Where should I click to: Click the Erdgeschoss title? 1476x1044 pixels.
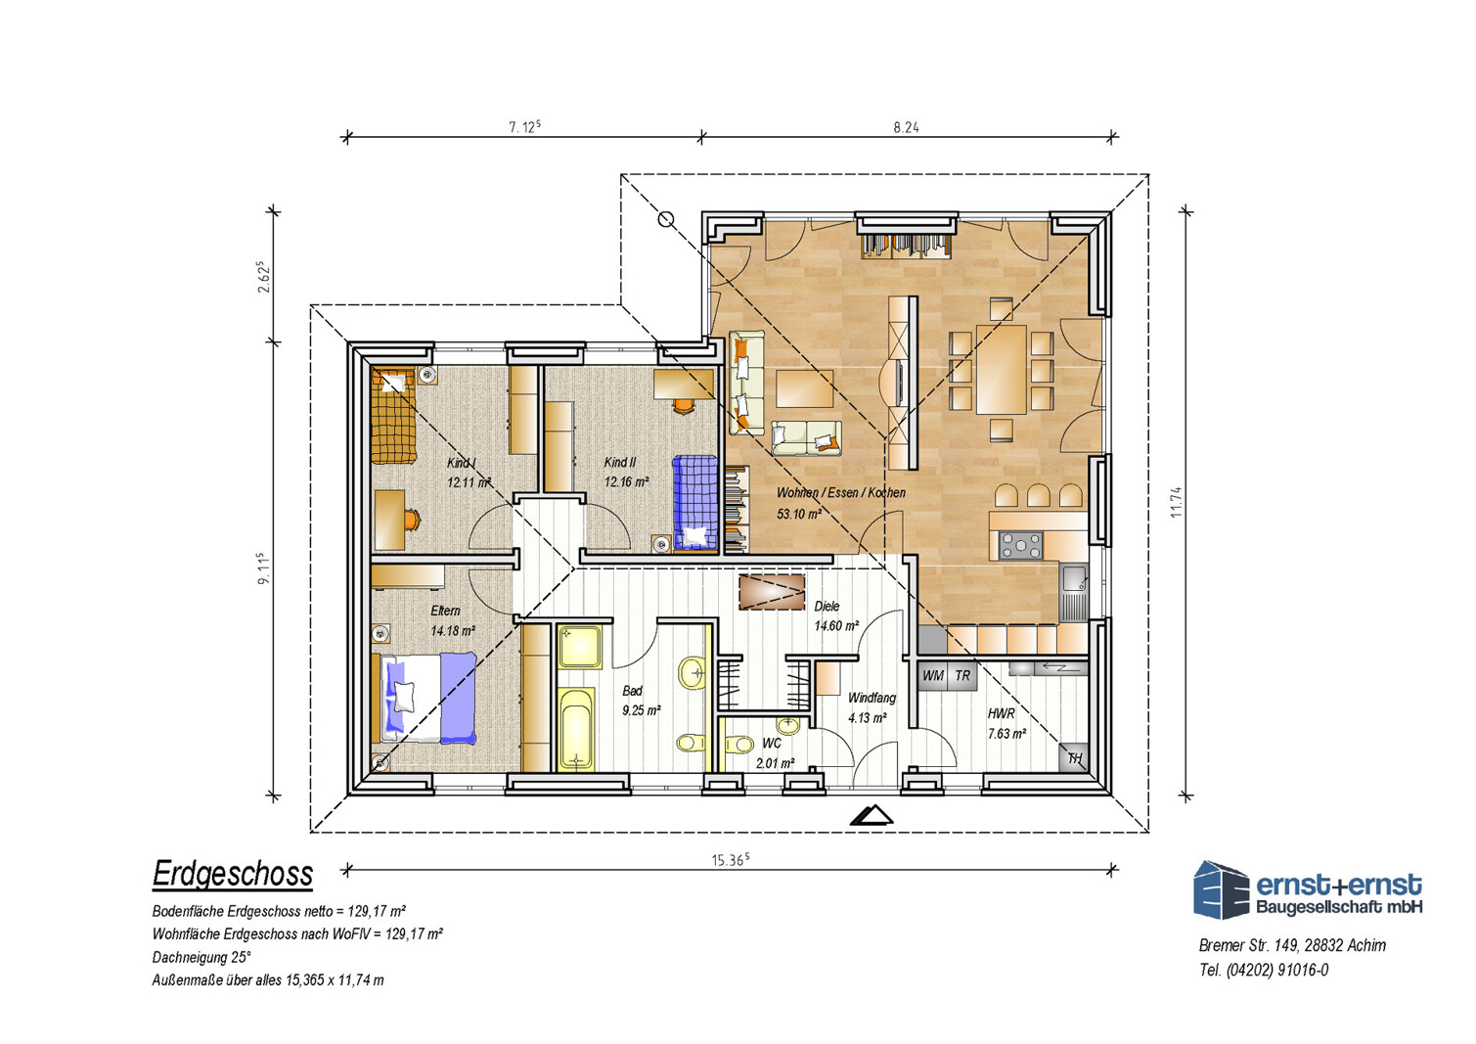click(233, 874)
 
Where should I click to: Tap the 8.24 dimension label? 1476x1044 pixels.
click(906, 127)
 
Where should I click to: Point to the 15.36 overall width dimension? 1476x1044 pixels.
click(730, 859)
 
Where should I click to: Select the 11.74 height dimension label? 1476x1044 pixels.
click(1176, 502)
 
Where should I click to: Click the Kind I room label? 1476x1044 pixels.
click(462, 463)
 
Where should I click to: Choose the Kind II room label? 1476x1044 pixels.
click(620, 463)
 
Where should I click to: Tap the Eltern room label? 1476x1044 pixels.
click(445, 611)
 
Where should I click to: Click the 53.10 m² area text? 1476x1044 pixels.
click(798, 514)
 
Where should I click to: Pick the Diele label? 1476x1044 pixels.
click(827, 607)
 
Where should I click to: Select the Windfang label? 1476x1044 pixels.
click(872, 698)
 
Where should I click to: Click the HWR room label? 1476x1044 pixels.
click(1001, 713)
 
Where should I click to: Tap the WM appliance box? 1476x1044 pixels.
click(932, 675)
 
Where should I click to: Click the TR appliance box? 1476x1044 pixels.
click(962, 675)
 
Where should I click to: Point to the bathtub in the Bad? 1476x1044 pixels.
click(576, 729)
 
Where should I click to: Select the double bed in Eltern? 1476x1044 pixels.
click(425, 698)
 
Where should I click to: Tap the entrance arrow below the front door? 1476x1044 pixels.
click(872, 816)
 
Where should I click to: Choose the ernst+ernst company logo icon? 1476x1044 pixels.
click(1221, 889)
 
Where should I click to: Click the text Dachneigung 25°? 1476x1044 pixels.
click(201, 957)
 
